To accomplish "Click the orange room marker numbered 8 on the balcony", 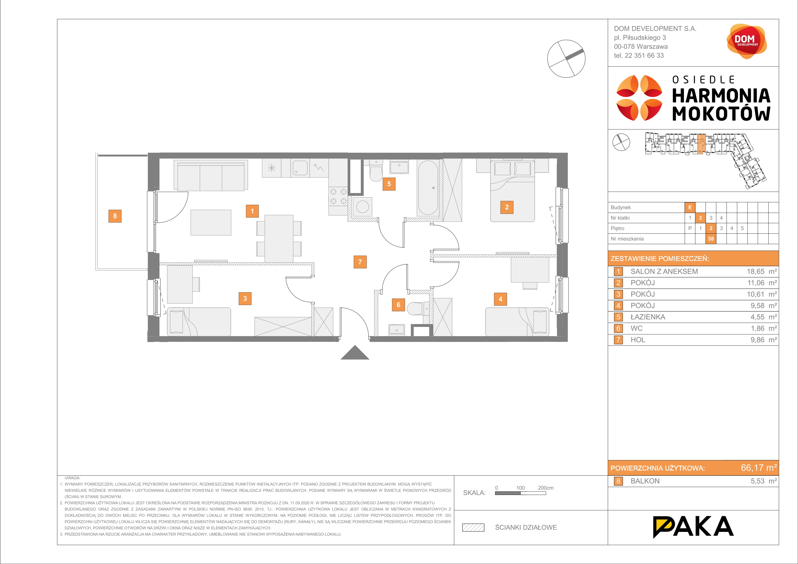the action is [x=115, y=216].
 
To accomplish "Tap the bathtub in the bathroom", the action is [x=428, y=188].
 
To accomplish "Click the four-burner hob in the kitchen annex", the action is [x=338, y=196].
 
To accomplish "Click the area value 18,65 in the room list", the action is [x=756, y=272].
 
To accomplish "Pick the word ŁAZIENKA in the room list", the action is [x=648, y=317].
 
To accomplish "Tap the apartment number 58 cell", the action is [x=711, y=239].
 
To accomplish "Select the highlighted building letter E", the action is [x=690, y=207].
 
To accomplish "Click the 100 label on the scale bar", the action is [x=520, y=488].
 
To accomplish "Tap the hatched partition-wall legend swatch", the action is [x=473, y=527].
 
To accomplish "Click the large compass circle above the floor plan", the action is [x=566, y=58].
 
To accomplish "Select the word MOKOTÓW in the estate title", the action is [x=721, y=114].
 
